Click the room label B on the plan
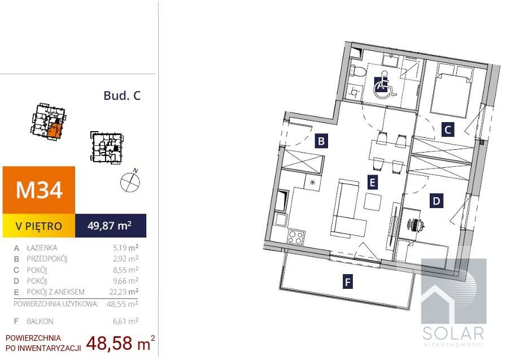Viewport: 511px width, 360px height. (321, 141)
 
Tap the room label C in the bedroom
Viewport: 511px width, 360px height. (448, 130)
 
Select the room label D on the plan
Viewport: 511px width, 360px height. (436, 201)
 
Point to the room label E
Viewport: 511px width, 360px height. (373, 183)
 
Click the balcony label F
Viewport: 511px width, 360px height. (348, 282)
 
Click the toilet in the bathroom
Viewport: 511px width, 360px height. (356, 71)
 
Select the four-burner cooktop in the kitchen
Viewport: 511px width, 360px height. (295, 237)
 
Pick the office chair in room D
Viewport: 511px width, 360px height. (415, 224)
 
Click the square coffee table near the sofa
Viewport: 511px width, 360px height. (373, 202)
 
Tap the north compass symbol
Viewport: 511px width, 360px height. (130, 181)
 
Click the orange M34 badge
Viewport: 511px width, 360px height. (39, 190)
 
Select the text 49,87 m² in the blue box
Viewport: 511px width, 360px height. (110, 225)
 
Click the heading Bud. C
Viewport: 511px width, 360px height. (122, 96)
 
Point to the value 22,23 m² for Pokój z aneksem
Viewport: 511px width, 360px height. (124, 292)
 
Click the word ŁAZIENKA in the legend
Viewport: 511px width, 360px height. (42, 248)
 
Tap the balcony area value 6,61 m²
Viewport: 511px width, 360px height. (126, 321)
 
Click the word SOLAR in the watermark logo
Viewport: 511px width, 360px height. (453, 333)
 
